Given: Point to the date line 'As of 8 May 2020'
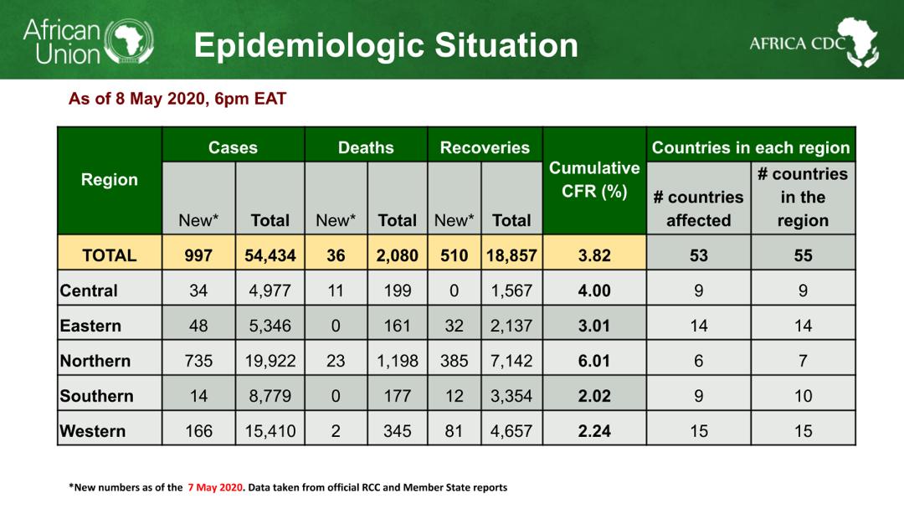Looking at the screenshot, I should (177, 99).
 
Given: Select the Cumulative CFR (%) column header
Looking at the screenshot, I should (594, 180).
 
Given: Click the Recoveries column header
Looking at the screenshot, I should (485, 148).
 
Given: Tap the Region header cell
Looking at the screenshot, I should (110, 180).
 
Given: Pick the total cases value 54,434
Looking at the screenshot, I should (270, 255).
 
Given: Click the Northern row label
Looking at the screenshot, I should (95, 361).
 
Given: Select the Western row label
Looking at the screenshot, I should (93, 431).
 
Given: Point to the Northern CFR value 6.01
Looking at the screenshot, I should (594, 361).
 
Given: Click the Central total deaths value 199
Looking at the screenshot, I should (397, 290).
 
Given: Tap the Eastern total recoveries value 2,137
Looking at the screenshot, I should (511, 326).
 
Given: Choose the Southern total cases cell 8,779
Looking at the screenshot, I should (270, 396).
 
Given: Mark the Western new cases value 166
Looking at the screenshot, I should (198, 431).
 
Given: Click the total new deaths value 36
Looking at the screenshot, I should (336, 255).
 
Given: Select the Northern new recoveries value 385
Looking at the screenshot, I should (454, 361).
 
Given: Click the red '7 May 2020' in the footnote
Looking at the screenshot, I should (216, 487).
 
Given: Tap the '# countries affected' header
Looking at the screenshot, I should (698, 208).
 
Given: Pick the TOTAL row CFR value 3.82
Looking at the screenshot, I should (594, 255).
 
